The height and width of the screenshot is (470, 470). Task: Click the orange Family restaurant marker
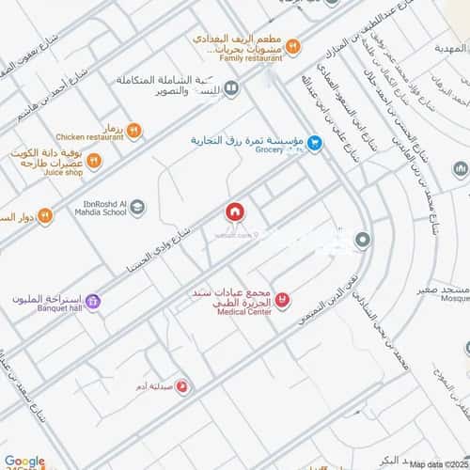click(x=292, y=45)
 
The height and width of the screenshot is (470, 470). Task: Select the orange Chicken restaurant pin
click(x=134, y=132)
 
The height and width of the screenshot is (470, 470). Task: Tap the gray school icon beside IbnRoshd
click(x=138, y=205)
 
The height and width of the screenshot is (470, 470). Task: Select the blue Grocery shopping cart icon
click(x=316, y=143)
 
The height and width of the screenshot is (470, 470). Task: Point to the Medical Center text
click(x=243, y=312)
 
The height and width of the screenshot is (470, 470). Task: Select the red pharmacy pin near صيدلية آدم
click(x=181, y=385)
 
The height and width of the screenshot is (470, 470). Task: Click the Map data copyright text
click(x=438, y=463)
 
